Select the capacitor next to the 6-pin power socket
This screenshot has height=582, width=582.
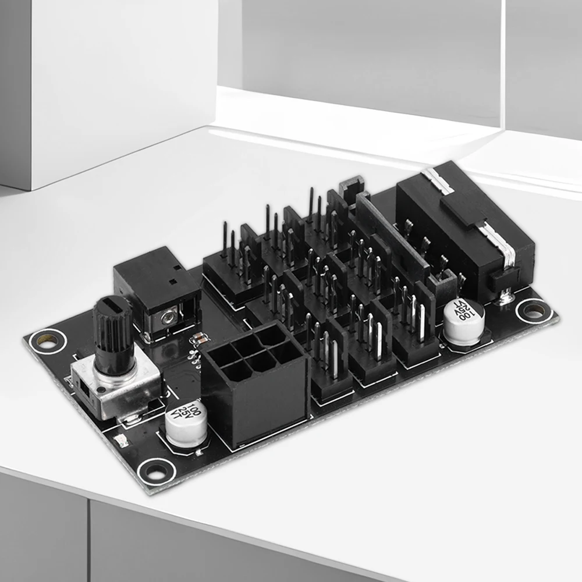point(186,423)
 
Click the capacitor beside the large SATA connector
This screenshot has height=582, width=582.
point(464,322)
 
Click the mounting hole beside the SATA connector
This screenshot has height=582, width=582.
point(533,310)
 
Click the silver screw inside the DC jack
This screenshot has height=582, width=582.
point(169,317)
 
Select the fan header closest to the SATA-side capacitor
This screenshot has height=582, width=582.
point(414,326)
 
